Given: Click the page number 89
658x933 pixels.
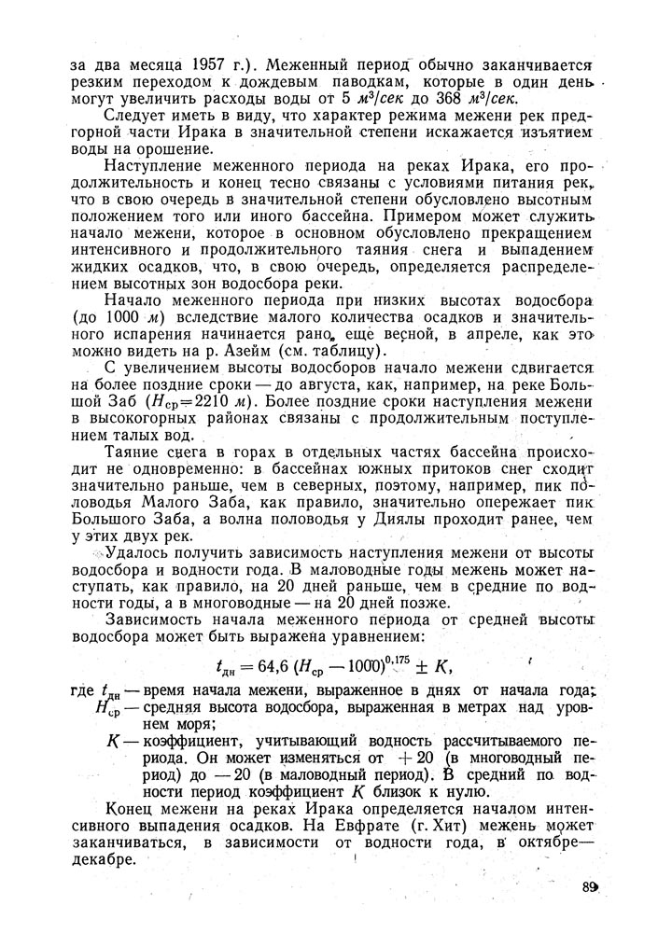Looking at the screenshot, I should [588, 886].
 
